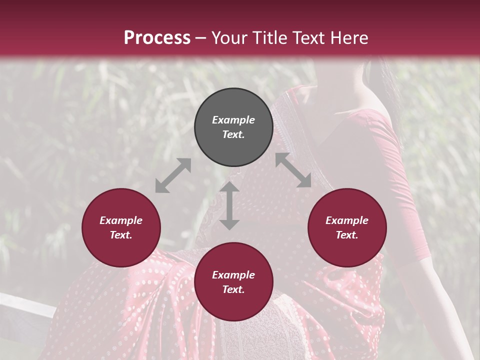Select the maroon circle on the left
(x=121, y=227)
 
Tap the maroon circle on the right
(x=347, y=227)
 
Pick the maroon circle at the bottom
(x=233, y=281)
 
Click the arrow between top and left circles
(x=173, y=175)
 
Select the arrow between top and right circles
(x=293, y=170)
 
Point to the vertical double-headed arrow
(x=229, y=206)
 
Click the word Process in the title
(x=157, y=37)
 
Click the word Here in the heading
(x=349, y=37)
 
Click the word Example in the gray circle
(x=233, y=120)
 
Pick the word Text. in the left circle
(x=121, y=235)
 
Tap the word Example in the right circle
(x=347, y=220)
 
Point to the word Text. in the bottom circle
(x=233, y=289)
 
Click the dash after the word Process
(x=201, y=38)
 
